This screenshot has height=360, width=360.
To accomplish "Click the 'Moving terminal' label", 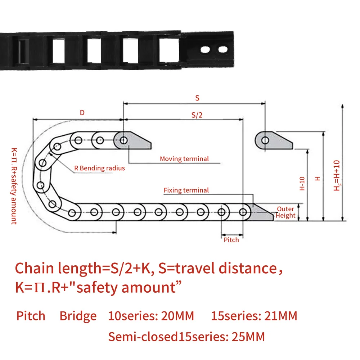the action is point(184,159).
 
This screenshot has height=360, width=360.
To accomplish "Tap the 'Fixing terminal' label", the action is point(186,190).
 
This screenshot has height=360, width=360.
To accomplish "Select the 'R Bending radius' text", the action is point(99,168).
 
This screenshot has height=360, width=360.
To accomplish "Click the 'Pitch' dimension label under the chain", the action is point(231,240).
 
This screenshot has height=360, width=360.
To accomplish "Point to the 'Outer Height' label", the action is point(285,212).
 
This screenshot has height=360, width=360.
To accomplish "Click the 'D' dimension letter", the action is point(82,112).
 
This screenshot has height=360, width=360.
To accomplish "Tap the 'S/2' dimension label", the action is point(197,115).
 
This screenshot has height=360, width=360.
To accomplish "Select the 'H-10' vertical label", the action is point(302,184).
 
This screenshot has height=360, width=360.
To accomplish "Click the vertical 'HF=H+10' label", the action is point(337,175).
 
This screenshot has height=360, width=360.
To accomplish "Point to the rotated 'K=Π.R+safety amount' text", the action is point(14,186).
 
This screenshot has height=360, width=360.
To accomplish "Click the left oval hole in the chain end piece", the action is point(205,50).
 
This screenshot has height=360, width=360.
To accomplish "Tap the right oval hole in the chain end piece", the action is point(223,49).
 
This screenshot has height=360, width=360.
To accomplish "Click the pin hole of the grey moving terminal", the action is point(123,140).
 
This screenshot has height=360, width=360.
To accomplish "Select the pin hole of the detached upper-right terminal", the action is point(265,140).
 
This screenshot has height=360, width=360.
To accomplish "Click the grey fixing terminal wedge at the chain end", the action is point(261,212).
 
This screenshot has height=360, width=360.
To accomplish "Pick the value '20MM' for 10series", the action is point(177,316).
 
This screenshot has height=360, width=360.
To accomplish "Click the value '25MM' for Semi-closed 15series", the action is point(248,337).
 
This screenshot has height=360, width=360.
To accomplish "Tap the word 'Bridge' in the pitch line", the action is point(78,316).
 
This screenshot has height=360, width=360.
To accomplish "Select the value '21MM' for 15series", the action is point(281,316).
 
